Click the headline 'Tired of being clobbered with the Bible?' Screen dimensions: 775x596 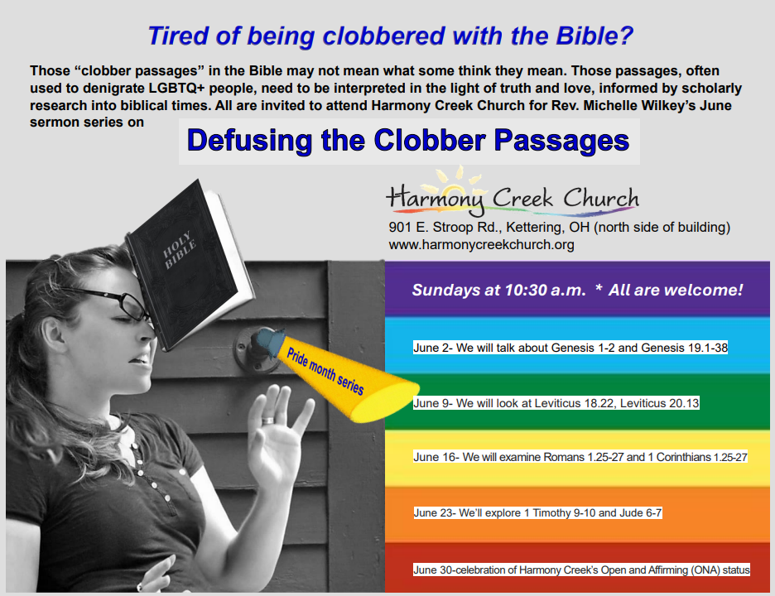coord(391,36)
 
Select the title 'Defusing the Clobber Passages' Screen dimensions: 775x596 coord(408,141)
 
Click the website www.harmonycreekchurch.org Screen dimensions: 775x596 coord(481,245)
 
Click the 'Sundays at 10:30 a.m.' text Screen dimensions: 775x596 coord(498,290)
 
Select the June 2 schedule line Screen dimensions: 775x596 coord(570,348)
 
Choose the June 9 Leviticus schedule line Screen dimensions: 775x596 coord(556,403)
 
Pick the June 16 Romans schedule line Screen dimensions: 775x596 coord(580,457)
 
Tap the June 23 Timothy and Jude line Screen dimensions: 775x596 coord(537,513)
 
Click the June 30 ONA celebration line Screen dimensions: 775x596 coord(581,570)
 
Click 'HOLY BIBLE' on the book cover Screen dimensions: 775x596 coord(180,249)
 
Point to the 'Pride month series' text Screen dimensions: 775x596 coord(325,371)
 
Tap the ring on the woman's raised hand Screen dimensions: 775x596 coord(267,420)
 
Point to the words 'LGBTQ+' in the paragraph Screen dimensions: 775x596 coord(176,89)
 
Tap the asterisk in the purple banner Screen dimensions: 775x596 coord(599,287)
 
